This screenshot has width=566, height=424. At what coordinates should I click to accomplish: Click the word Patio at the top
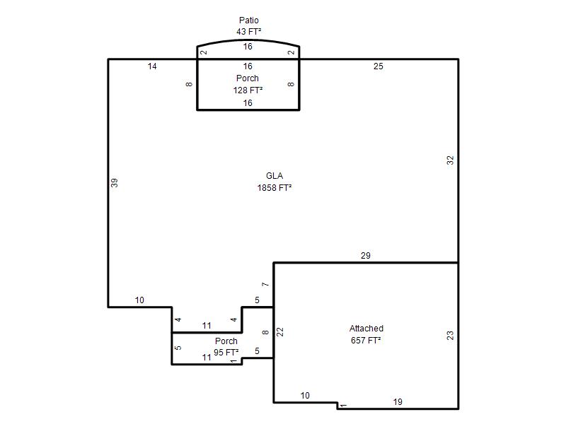point(249,20)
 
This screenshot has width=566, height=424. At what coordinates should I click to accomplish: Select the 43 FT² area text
point(249,32)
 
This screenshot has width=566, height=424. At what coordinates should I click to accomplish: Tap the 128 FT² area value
point(248,90)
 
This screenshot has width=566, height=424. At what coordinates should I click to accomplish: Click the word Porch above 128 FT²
point(247,78)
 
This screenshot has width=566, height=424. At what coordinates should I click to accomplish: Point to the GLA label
point(275,176)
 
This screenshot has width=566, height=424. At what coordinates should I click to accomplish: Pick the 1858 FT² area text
point(275,188)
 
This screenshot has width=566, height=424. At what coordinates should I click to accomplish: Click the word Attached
point(366,329)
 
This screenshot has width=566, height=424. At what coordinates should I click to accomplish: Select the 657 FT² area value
point(366,341)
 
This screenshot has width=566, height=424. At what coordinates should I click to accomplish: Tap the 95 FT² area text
point(226,352)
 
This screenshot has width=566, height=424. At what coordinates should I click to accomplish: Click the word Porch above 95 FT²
point(226,341)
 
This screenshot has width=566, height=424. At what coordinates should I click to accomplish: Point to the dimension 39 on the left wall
point(115,183)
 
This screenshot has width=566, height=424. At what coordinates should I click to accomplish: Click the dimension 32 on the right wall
point(450,160)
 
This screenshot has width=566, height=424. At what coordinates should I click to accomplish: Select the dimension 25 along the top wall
point(379,66)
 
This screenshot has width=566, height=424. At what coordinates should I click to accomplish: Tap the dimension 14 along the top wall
point(152,66)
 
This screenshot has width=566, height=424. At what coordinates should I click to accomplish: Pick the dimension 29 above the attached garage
point(365,256)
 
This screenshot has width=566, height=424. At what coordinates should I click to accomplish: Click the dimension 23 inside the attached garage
point(450,336)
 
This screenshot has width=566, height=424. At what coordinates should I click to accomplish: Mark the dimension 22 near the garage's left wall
point(280,332)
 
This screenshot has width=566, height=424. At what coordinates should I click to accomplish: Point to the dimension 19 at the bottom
point(398,402)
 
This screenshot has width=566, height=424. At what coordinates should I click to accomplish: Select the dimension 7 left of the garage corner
point(266,285)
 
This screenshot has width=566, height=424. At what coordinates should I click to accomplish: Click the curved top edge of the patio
point(248,40)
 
